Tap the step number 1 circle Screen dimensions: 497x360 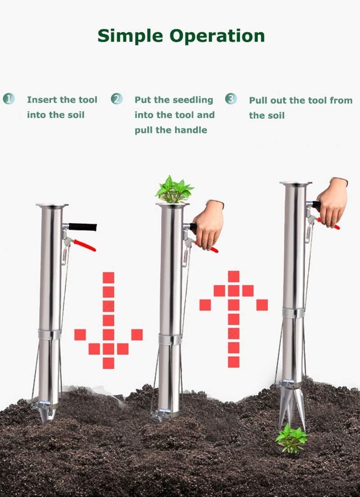click(x=9, y=99)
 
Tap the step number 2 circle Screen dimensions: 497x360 click(x=117, y=99)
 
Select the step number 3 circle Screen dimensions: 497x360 click(x=231, y=99)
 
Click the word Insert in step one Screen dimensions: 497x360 click(x=42, y=100)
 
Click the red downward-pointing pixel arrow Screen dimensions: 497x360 click(x=108, y=320)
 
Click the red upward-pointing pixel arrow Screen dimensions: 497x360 click(x=234, y=318)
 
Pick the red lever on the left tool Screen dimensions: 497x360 click(x=85, y=245)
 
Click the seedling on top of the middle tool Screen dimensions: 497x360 click(x=173, y=190)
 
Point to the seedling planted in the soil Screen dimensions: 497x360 click(x=291, y=438)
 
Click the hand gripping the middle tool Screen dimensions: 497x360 click(x=208, y=224)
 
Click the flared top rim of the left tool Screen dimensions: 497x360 click(x=52, y=206)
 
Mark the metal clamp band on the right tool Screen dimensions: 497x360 click(x=294, y=313)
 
